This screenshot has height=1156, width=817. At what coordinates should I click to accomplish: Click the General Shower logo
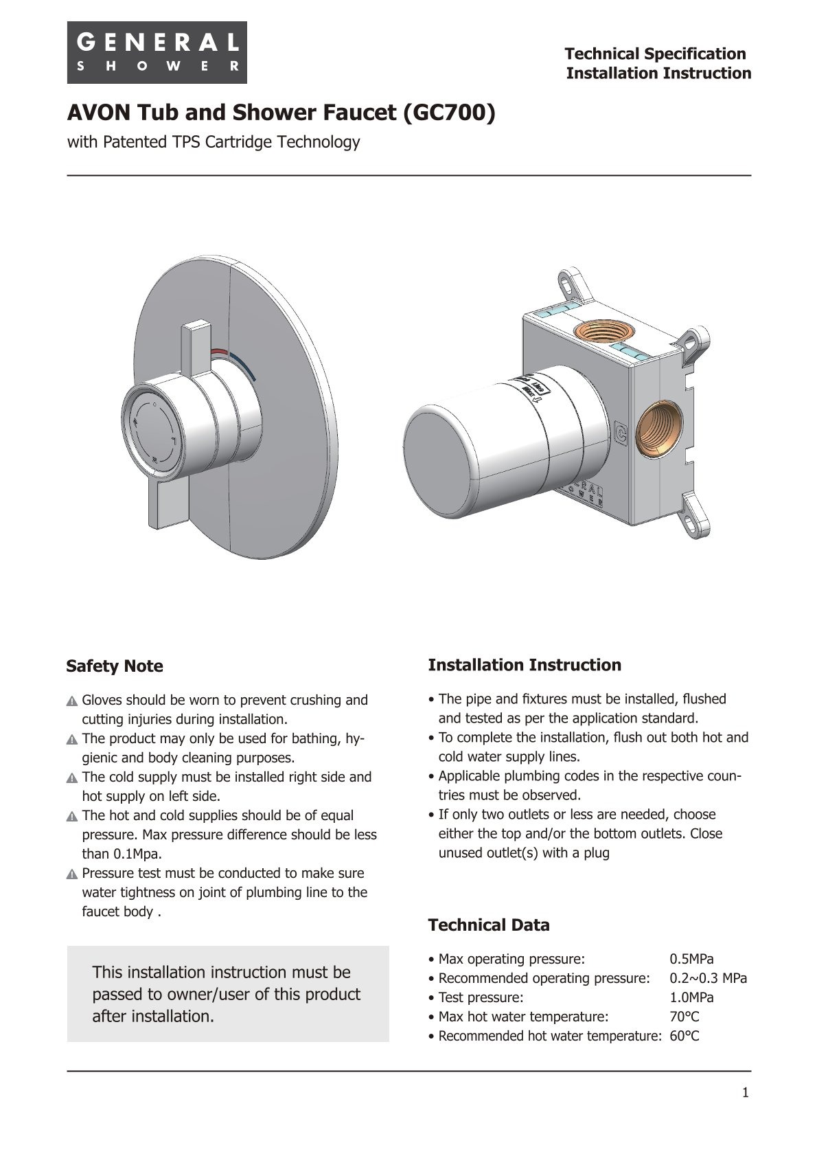pos(157,52)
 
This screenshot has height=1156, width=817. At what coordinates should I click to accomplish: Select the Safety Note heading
pos(115,666)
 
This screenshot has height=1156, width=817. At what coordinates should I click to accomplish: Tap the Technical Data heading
pos(489,925)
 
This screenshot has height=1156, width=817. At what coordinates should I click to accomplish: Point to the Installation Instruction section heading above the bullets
pos(525,665)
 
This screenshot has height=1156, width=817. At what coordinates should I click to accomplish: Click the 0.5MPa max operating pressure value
pos(691,959)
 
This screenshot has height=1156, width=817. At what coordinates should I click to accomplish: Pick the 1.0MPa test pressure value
pos(691,997)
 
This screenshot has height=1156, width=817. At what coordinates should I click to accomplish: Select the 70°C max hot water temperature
pos(684,1017)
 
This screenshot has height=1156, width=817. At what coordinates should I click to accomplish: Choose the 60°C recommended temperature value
pos(684,1036)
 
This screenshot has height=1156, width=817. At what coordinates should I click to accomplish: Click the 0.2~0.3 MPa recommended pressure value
pos(708,978)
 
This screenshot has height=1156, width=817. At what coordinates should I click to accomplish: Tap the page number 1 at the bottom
pos(745,1093)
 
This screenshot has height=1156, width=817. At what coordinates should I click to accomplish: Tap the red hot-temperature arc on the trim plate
pos(219,352)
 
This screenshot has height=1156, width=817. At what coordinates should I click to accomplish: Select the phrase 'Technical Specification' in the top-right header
pos(655,54)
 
